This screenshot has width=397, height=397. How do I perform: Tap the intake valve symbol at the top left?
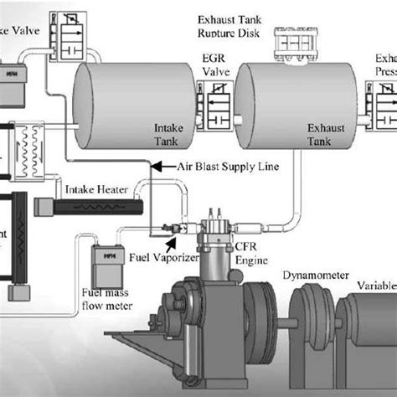click(x=65, y=29)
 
